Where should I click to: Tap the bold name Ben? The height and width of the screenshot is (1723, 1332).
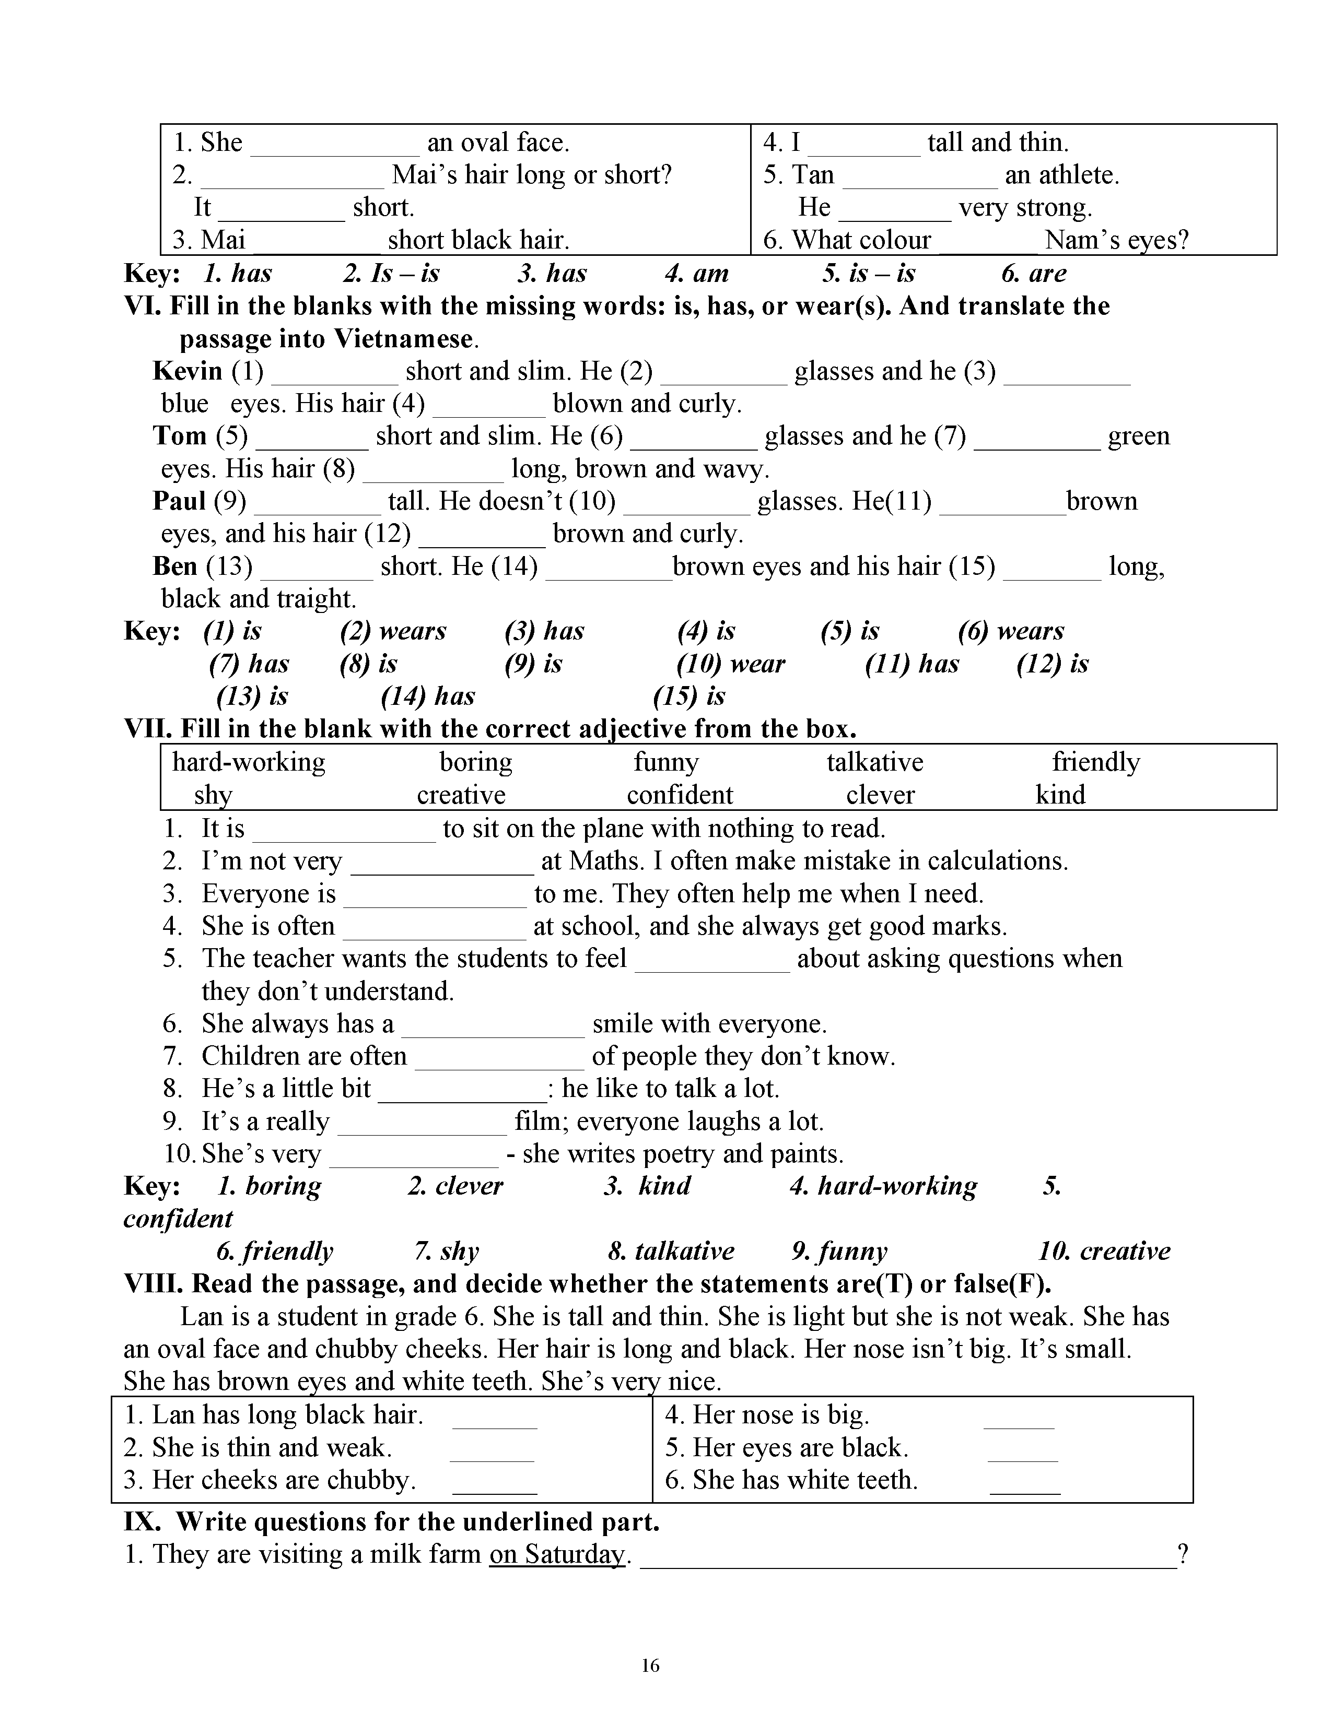click(x=175, y=565)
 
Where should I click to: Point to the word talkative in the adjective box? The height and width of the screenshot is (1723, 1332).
click(x=874, y=762)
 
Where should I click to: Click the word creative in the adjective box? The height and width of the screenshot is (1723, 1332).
click(x=461, y=795)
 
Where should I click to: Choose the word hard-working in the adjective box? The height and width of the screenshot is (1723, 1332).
click(x=249, y=762)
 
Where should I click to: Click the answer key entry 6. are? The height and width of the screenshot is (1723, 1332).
click(x=1034, y=274)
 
